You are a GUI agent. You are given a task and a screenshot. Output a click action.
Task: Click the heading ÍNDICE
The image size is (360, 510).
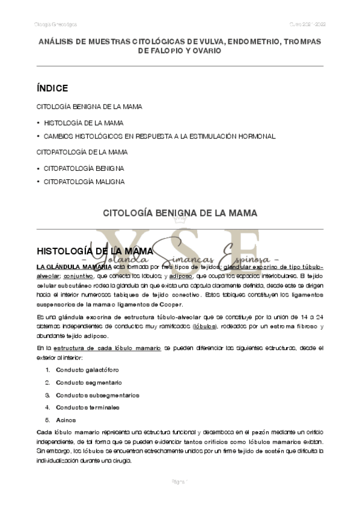tap(52, 88)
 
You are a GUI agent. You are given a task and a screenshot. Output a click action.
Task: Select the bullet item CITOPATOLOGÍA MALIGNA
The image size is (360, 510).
tap(84, 181)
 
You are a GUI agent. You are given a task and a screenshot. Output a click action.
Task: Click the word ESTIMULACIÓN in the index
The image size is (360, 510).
tap(206, 137)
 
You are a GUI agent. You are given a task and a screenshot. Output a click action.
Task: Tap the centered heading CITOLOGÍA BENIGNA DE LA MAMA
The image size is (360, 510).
tap(180, 213)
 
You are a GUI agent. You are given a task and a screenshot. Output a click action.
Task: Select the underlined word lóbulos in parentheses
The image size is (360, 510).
tap(204, 326)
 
